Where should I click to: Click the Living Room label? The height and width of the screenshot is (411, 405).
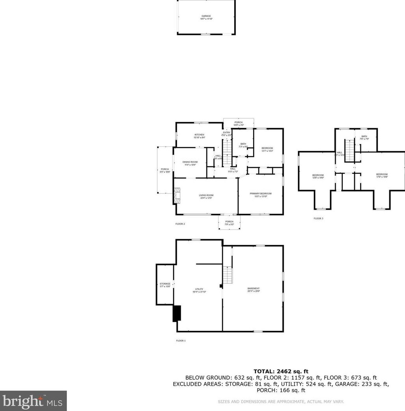coord(206,197)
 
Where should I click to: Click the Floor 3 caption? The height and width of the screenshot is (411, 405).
coord(318,218)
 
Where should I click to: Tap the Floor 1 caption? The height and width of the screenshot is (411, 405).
coord(181,341)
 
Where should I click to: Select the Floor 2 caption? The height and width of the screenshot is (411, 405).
coord(180,224)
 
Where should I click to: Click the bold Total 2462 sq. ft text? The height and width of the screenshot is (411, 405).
coord(281,371)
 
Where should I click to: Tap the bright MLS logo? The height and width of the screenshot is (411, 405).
coord(33,401)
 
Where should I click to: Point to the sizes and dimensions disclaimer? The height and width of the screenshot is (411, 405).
coord(281,402)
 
